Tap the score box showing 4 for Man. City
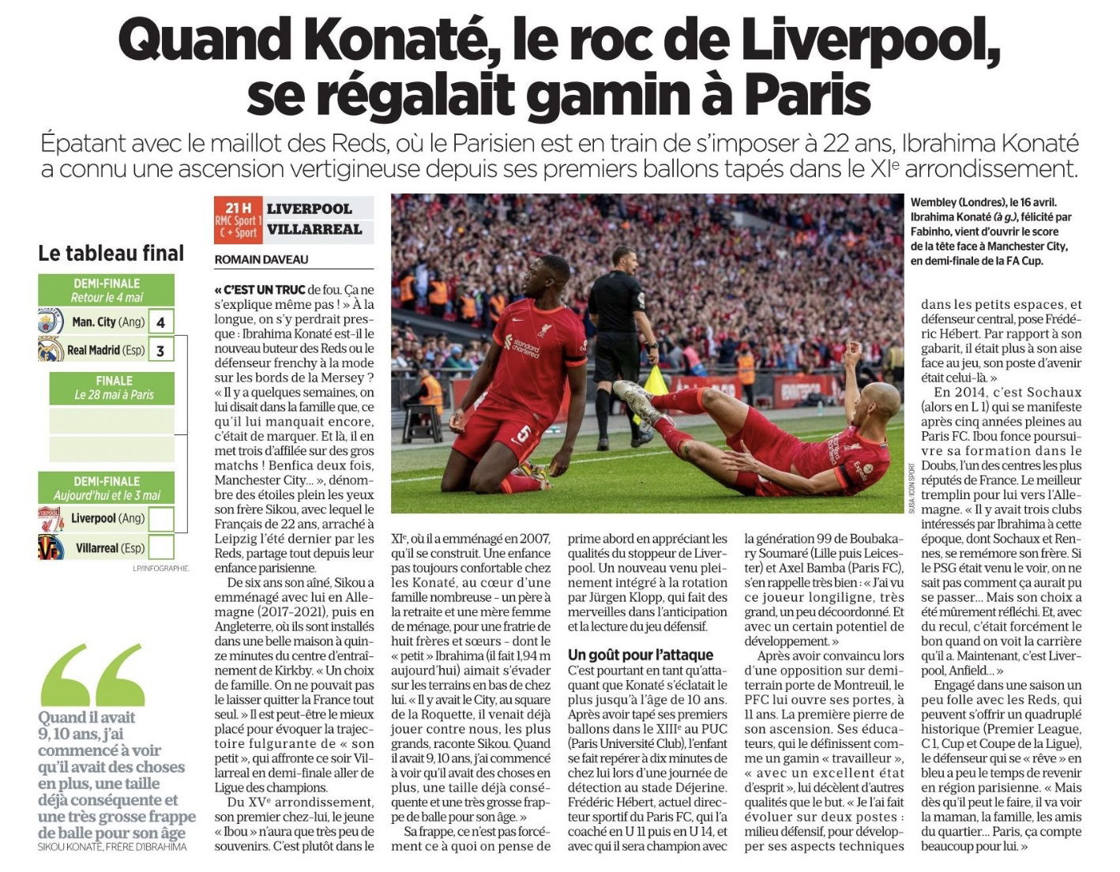point(161,322)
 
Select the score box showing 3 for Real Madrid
point(161,350)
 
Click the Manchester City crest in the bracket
point(51,322)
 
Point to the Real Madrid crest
point(51,350)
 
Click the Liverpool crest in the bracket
point(51,519)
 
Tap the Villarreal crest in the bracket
point(51,547)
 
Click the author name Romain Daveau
point(261,260)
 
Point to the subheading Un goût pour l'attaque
point(641,655)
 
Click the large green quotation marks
point(92,675)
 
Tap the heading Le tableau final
point(111,254)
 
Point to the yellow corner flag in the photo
point(656,382)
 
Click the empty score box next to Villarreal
point(161,547)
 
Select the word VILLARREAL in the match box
point(314,230)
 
